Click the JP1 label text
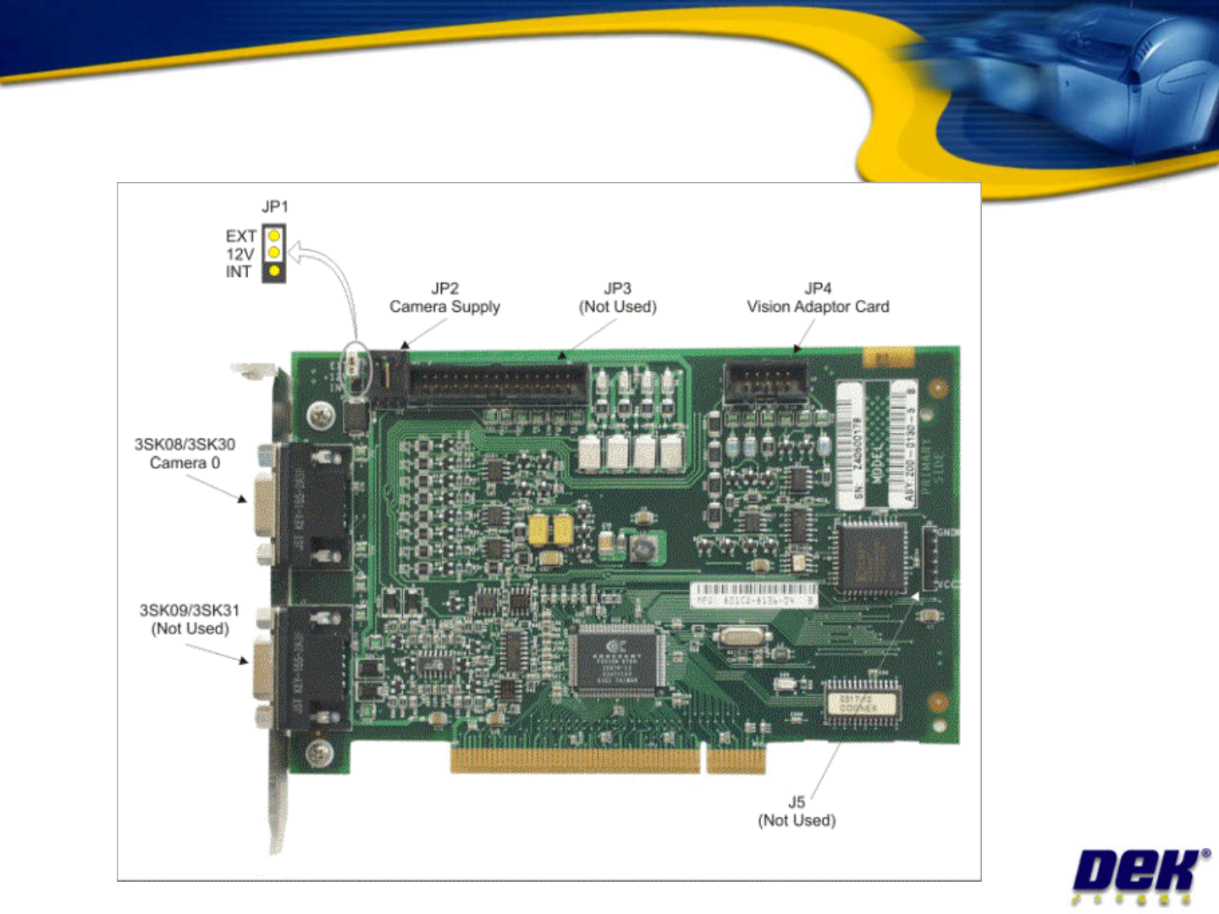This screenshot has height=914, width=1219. click(274, 207)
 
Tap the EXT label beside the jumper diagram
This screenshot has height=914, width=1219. click(240, 236)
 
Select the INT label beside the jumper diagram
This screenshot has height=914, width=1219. click(238, 272)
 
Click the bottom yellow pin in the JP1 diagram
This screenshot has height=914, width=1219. click(274, 271)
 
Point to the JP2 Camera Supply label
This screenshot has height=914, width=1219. click(444, 298)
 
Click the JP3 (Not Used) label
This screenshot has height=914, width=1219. click(617, 298)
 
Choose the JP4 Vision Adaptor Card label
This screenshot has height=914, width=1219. click(818, 298)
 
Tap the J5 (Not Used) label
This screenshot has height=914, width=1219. click(797, 812)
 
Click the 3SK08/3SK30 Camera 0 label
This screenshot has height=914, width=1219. click(185, 453)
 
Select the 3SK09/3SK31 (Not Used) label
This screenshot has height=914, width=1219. click(190, 619)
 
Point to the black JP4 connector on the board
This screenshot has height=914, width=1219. click(764, 382)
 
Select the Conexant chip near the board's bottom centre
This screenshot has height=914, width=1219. click(616, 661)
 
